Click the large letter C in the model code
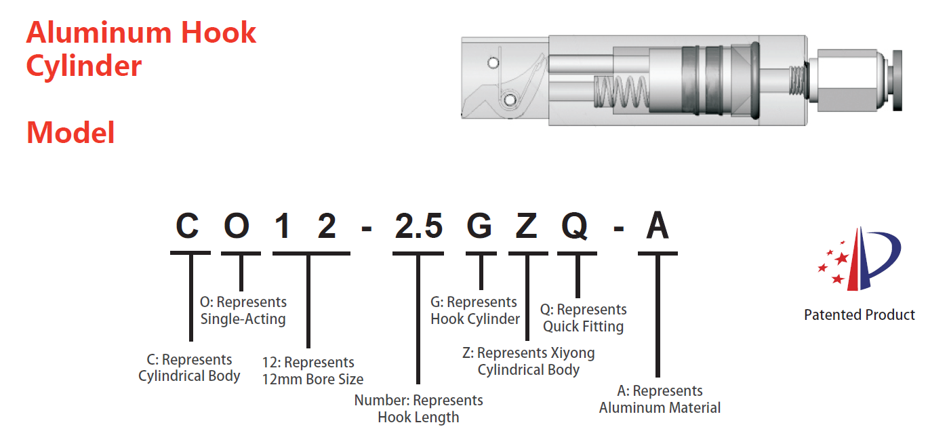[188, 226]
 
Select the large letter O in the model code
[237, 226]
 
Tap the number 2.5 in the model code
[418, 226]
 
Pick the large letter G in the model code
[480, 226]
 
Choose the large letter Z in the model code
[527, 226]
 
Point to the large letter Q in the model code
[575, 226]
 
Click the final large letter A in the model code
[657, 226]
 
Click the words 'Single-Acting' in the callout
[243, 319]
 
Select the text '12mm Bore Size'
[312, 380]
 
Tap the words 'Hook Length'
[418, 418]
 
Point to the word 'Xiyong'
[573, 353]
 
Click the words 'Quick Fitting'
[583, 327]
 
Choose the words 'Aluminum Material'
[660, 408]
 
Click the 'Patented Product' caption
[859, 315]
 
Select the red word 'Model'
[70, 132]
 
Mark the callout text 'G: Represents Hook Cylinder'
[474, 310]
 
